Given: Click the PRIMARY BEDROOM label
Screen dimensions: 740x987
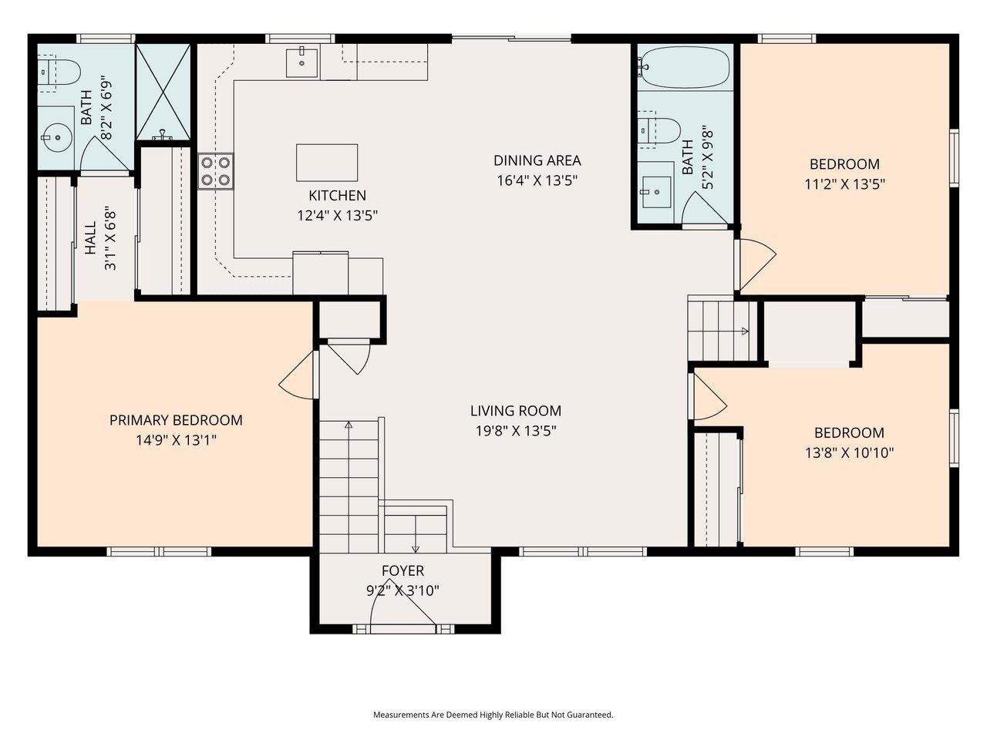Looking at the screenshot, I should tap(176, 420).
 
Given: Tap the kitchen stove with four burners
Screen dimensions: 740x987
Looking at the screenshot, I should tap(216, 171).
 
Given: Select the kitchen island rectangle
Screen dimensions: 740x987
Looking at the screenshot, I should tap(327, 162).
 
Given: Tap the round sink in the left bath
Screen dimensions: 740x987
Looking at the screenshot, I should tap(56, 140).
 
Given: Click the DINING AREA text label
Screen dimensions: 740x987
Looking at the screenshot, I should tap(537, 160).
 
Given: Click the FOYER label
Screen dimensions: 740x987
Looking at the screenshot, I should tap(403, 570).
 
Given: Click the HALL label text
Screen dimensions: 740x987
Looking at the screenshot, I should tap(90, 239).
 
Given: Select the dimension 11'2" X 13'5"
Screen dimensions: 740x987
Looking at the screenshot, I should tap(844, 184).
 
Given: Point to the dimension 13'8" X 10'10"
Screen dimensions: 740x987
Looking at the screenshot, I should tap(849, 452).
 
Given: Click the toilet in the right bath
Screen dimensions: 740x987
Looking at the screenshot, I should tap(659, 132).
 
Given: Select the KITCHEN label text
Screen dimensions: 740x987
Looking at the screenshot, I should tap(337, 195).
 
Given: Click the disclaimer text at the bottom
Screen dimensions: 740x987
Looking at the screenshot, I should tap(493, 715).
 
